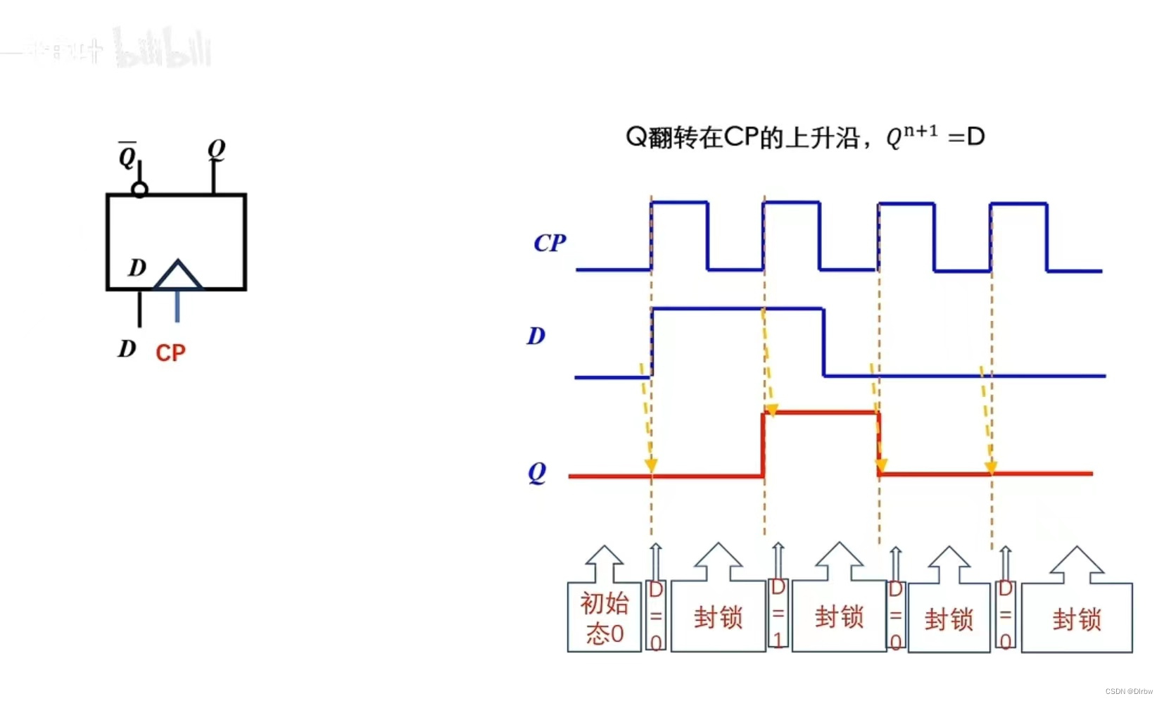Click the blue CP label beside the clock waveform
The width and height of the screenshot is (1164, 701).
pyautogui.click(x=549, y=243)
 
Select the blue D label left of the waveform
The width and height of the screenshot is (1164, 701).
pyautogui.click(x=536, y=336)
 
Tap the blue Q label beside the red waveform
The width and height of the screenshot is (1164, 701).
pyautogui.click(x=536, y=472)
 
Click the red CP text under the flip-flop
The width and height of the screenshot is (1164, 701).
pyautogui.click(x=170, y=353)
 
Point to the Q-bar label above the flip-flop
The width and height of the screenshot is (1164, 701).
pyautogui.click(x=127, y=155)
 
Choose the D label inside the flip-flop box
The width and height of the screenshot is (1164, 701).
pyautogui.click(x=137, y=267)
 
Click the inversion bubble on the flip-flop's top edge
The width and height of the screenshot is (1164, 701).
pyautogui.click(x=139, y=189)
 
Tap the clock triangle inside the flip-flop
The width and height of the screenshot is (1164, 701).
pyautogui.click(x=177, y=275)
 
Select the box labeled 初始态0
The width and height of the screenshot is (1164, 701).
pyautogui.click(x=604, y=617)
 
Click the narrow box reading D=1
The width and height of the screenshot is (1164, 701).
pyautogui.click(x=778, y=613)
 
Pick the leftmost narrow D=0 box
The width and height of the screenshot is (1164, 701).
pyautogui.click(x=656, y=616)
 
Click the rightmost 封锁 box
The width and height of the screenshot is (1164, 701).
pyautogui.click(x=1076, y=619)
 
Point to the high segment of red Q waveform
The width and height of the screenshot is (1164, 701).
pyautogui.click(x=821, y=412)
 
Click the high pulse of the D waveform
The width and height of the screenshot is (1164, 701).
pyautogui.click(x=738, y=308)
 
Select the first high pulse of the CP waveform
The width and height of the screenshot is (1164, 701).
pyautogui.click(x=679, y=203)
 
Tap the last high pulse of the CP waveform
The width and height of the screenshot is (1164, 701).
pyautogui.click(x=1018, y=204)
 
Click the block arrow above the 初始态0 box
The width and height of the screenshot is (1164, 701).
pyautogui.click(x=605, y=563)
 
